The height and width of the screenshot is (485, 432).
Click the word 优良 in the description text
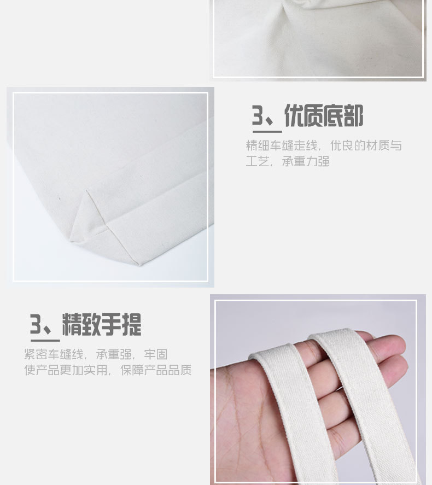coord(342,146)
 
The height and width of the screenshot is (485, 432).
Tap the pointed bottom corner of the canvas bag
coord(139,264)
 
